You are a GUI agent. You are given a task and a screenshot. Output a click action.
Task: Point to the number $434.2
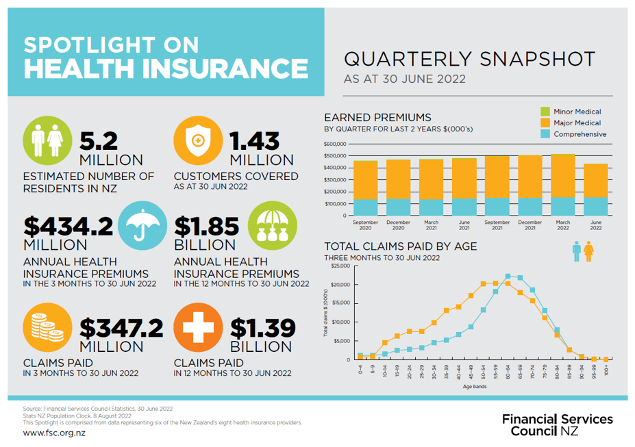coord(68,226)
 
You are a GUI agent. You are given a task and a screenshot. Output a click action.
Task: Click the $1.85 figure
coord(207,226)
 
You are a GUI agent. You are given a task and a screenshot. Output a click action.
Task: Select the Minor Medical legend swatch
coord(545,112)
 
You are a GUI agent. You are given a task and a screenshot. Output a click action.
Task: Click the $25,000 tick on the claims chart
coord(340,266)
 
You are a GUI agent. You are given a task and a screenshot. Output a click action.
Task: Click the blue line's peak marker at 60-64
coord(508,277)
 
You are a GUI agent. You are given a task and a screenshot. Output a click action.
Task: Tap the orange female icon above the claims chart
coord(588,251)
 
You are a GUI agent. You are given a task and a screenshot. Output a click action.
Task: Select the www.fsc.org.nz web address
coord(54,433)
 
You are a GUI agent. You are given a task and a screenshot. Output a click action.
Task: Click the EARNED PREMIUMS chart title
coord(377,117)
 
